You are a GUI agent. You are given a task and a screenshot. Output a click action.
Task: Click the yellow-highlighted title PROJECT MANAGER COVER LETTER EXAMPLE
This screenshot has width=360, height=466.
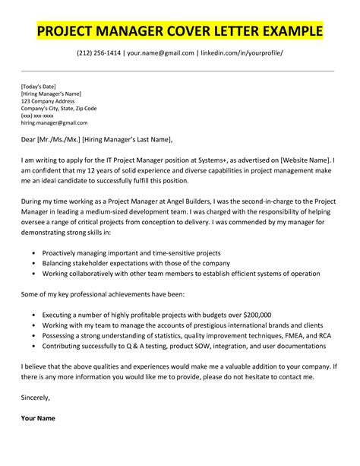point(179,33)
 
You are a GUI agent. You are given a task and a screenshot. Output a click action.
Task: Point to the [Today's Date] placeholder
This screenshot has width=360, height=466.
point(37,87)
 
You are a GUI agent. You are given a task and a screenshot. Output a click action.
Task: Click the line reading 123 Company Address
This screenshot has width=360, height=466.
point(48,101)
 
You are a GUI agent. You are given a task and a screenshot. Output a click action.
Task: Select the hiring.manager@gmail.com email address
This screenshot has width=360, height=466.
point(54,122)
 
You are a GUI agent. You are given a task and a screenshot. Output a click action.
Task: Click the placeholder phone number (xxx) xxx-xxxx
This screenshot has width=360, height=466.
point(38,116)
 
